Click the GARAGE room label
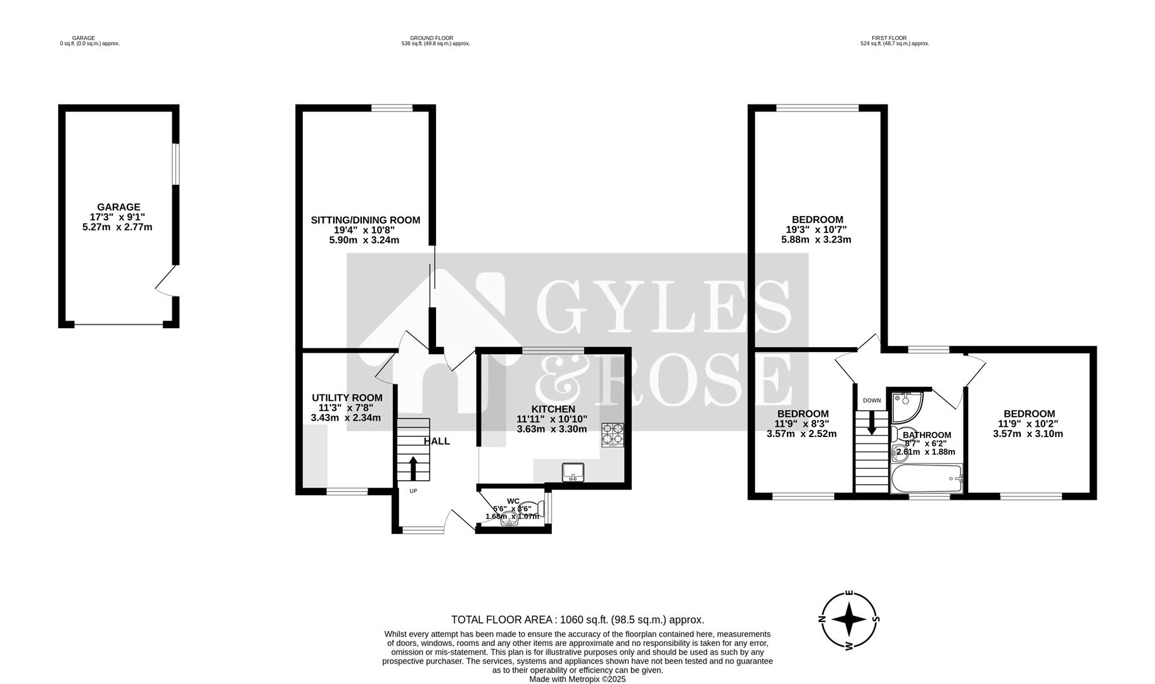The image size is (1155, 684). pos(118,207)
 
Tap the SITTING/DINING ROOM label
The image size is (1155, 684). pos(365,220)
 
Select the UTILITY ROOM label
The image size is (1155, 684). pos(347,398)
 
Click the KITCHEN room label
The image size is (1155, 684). pos(553,409)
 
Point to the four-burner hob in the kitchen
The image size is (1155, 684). pos(612,435)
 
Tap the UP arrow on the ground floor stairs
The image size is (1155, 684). pos(413,468)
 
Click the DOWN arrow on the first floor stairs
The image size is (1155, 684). pos(872,422)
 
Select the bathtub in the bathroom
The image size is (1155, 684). pos(926,479)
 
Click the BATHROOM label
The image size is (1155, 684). pos(927,435)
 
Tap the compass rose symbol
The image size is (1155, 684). pos(849,620)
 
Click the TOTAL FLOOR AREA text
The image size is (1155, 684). pos(577,620)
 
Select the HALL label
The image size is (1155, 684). pos(437,441)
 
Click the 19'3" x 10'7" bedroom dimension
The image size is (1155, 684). pos(816,230)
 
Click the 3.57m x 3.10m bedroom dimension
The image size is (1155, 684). pos(1028,434)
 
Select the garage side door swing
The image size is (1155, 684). pos(167,281)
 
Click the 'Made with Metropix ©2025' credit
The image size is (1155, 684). pos(577,679)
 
